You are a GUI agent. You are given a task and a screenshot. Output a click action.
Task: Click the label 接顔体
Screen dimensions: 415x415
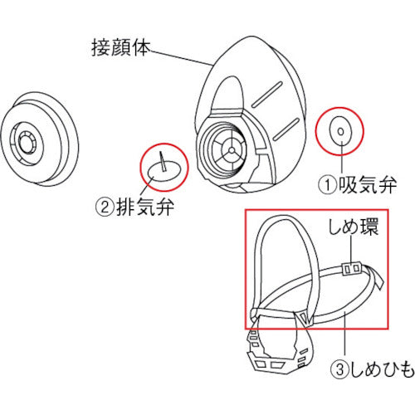click(x=120, y=49)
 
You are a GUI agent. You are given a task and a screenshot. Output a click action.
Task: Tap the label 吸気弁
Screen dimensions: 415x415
click(x=368, y=184)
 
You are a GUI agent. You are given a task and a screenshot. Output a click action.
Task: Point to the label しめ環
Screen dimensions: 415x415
click(x=354, y=227)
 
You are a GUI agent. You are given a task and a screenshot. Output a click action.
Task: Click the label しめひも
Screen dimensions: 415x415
click(x=383, y=369)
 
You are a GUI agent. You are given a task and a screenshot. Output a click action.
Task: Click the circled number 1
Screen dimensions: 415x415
click(x=328, y=185)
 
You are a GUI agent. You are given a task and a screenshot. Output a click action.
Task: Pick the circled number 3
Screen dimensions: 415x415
click(x=340, y=369)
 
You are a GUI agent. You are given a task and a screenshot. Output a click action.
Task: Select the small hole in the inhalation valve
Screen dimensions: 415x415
click(x=341, y=132)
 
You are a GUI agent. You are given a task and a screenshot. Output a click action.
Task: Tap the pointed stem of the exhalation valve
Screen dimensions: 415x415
click(x=163, y=161)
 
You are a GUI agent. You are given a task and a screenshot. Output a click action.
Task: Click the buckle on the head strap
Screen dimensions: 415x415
click(x=352, y=268)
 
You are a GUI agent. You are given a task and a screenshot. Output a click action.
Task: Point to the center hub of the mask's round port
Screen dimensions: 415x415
click(x=232, y=149)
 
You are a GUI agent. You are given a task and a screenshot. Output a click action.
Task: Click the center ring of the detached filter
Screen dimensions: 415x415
click(x=27, y=143)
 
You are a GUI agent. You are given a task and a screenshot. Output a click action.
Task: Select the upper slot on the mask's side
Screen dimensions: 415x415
click(x=266, y=94)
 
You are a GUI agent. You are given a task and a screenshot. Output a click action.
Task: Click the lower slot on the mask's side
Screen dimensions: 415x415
click(x=287, y=129)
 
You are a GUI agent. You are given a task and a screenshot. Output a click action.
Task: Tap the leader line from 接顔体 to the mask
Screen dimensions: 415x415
click(x=181, y=58)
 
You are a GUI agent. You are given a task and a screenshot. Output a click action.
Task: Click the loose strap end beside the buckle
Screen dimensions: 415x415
click(x=376, y=277)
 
